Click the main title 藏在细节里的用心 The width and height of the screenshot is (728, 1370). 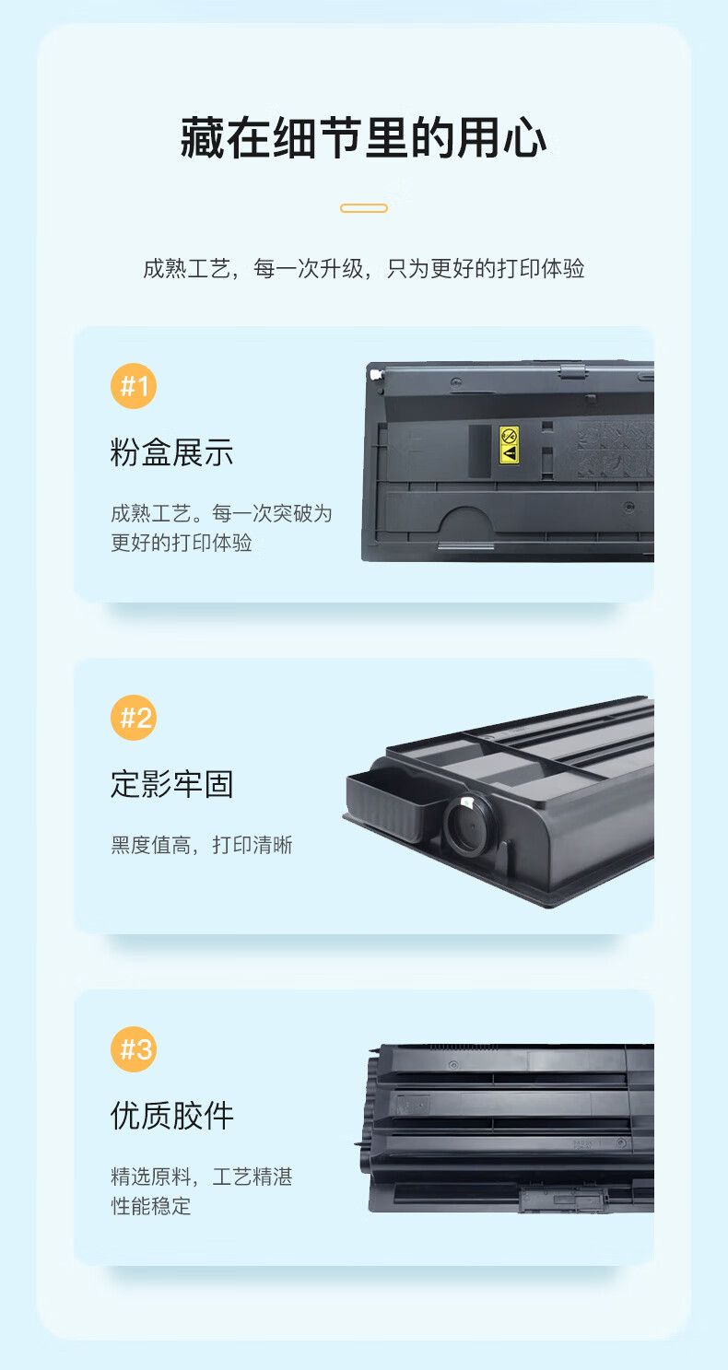point(363,138)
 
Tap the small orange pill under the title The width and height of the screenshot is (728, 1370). point(364,208)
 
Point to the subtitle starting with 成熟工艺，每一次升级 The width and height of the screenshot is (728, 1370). point(364,268)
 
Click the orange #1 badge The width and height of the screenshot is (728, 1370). point(134,386)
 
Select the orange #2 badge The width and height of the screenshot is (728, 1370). point(134,718)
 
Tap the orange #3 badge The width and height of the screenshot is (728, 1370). point(134,1048)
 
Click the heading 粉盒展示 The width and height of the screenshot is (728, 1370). point(172,452)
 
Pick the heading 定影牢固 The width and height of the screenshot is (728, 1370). point(172,784)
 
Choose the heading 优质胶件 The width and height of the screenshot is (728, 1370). point(172,1116)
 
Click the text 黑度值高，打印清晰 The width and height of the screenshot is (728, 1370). point(202,845)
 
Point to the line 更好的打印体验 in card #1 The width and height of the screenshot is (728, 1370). point(182,543)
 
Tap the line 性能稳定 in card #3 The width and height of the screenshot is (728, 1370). point(151,1206)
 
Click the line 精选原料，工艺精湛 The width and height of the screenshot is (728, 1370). point(202,1177)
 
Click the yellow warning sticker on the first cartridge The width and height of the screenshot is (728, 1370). point(509,445)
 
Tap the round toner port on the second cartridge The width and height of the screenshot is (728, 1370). point(470,826)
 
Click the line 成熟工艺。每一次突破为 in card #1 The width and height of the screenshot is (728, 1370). point(221,513)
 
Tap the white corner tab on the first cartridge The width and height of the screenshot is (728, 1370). point(375,374)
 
